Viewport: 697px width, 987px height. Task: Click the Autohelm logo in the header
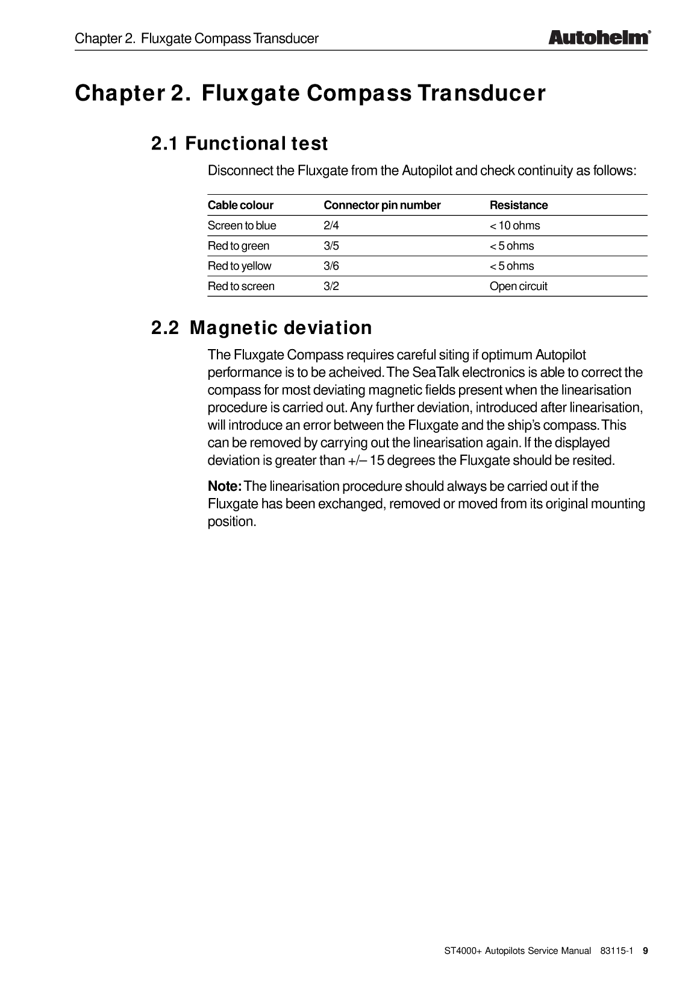point(599,37)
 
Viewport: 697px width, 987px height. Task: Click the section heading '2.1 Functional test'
point(239,144)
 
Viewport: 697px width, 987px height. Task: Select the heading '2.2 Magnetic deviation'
point(261,328)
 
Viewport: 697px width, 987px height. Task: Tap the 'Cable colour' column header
point(240,205)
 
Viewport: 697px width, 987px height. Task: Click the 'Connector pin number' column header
point(382,205)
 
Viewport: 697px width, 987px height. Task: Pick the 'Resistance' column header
point(519,205)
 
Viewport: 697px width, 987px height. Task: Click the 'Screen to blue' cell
point(242,225)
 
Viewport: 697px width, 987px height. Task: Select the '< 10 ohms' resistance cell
point(514,225)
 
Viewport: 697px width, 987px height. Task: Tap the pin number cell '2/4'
point(331,225)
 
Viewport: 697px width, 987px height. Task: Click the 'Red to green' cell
point(239,246)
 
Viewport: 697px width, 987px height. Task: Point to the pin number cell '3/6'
point(331,266)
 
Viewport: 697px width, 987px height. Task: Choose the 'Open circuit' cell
point(518,286)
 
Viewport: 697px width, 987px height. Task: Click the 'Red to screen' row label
point(241,286)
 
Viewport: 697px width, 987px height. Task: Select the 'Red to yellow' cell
point(239,266)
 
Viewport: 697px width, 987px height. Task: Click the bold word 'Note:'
point(225,487)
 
